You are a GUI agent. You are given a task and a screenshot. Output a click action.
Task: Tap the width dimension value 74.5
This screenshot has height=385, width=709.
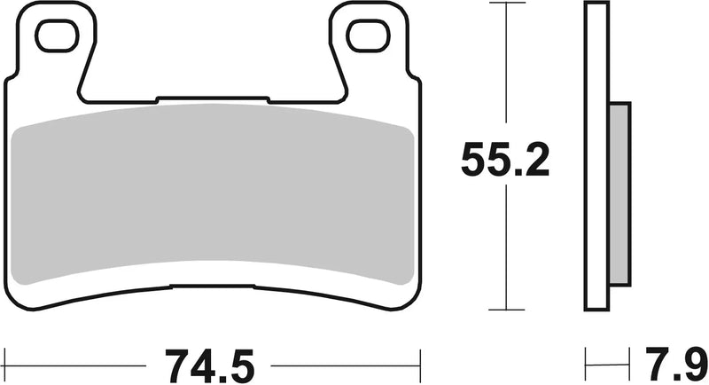click(x=212, y=363)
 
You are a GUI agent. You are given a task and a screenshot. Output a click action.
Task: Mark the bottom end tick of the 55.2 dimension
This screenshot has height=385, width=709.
click(x=505, y=310)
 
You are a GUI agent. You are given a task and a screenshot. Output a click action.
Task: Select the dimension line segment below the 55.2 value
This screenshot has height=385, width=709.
click(x=505, y=248)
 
